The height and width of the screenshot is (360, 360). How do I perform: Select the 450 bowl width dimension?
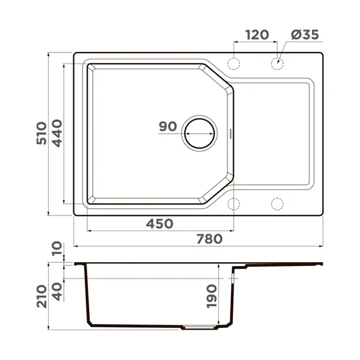click(160, 223)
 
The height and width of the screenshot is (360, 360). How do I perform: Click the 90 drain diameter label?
click(167, 126)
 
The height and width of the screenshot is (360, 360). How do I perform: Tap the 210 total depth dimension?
click(42, 296)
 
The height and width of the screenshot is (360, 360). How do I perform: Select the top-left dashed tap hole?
click(234, 63)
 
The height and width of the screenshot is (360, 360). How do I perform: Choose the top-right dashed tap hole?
click(277, 63)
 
